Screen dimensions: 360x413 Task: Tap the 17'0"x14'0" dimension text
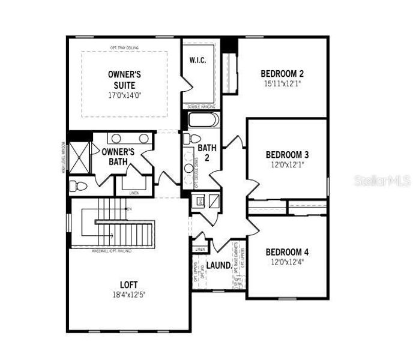coord(124,95)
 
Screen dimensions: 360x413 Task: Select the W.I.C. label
coord(197,60)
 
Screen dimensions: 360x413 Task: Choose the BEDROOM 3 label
coord(287,154)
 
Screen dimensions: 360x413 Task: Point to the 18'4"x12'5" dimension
coord(129,295)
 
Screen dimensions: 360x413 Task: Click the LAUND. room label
coord(220,265)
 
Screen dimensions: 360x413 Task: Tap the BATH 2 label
coord(207,152)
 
